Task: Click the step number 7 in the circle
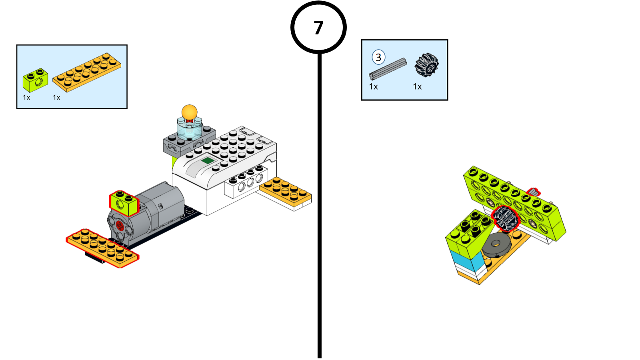coord(318,28)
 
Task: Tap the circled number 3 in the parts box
coord(378,57)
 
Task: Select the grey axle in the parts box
coord(388,69)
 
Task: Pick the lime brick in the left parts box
coord(35,80)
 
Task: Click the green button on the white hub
coord(208,161)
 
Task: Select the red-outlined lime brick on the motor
coord(124,203)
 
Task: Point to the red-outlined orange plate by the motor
coord(102,248)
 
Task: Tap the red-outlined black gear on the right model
coord(506,218)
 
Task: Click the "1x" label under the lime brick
coord(26,98)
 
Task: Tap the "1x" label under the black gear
coord(417,87)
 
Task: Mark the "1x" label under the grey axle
coord(373,87)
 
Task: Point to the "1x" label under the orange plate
coord(56,98)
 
